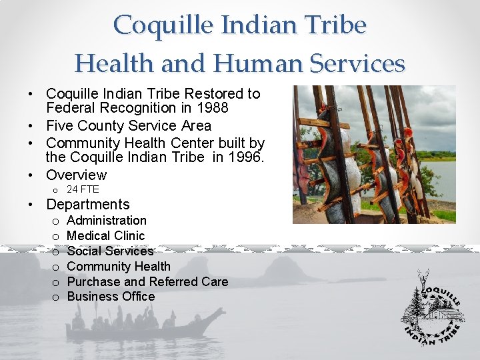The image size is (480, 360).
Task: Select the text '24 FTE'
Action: coord(83,189)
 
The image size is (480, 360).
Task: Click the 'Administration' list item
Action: coord(107,220)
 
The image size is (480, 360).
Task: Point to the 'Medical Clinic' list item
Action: coord(105,235)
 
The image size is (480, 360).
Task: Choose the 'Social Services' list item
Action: coord(110,251)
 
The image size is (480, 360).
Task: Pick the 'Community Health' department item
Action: coord(119,266)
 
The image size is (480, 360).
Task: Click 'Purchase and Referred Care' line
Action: coord(147,281)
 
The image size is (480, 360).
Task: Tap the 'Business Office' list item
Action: coord(111,297)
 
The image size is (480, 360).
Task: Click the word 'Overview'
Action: coord(76,175)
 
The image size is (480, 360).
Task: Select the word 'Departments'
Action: coord(88,205)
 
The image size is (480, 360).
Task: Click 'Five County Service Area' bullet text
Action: coord(129,125)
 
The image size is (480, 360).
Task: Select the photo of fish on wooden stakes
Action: coord(374,154)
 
